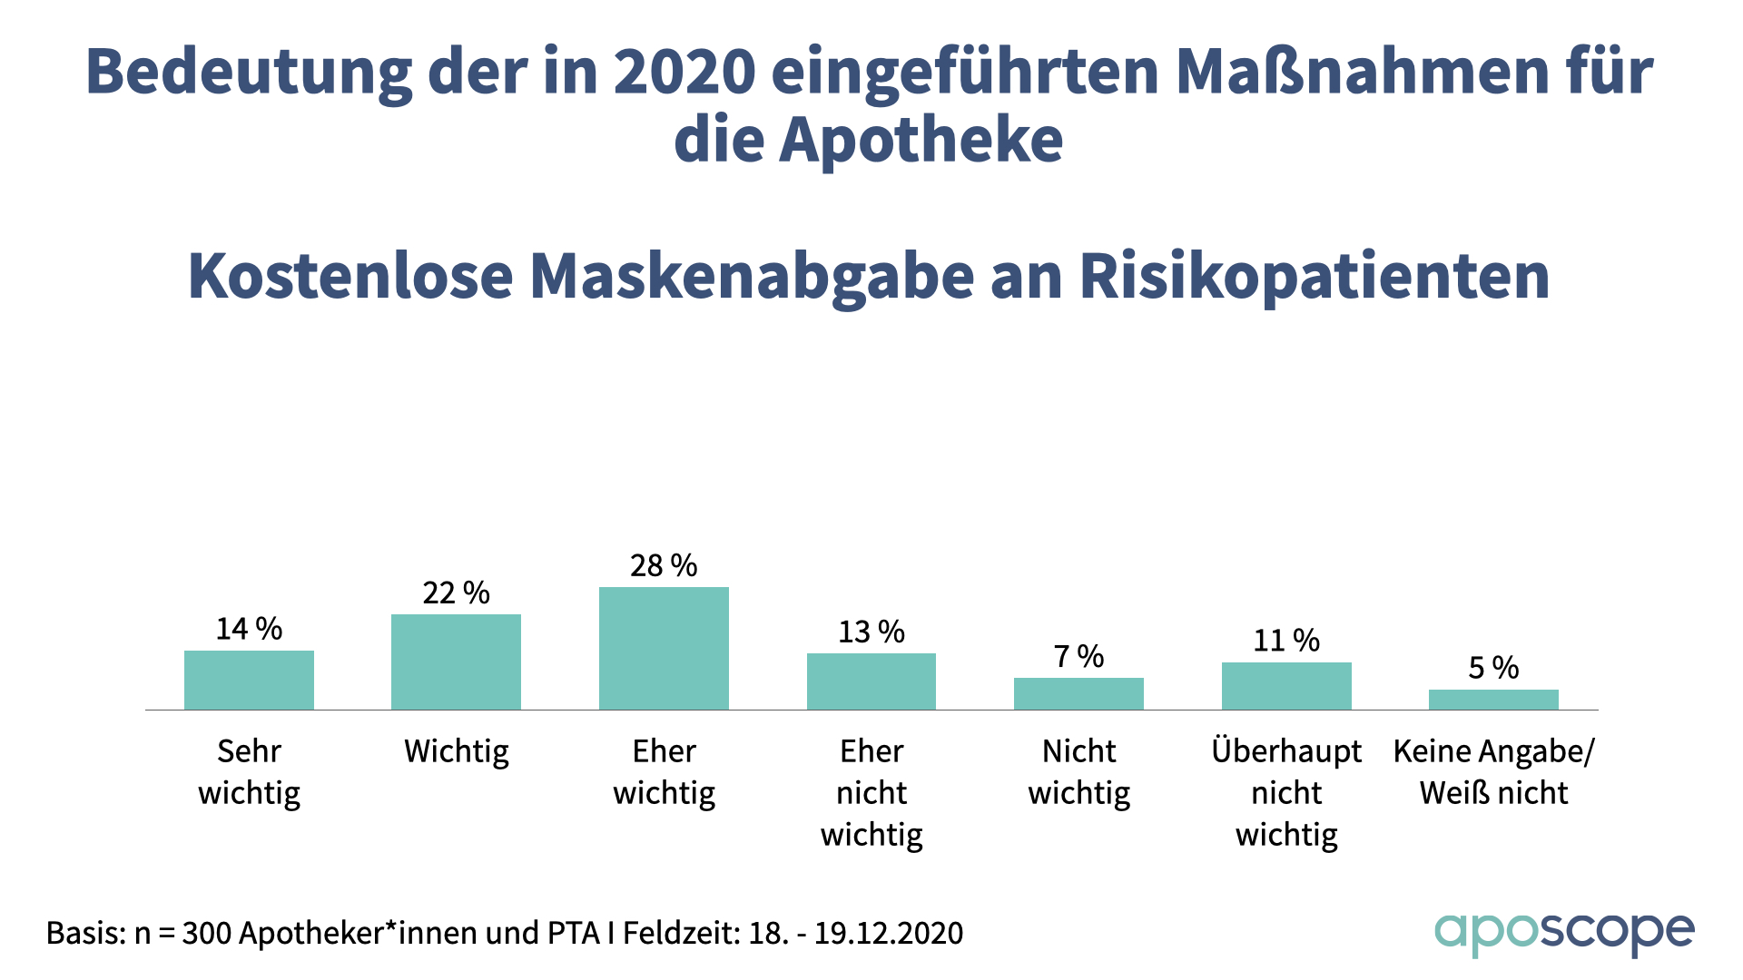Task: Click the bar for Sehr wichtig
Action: tap(249, 680)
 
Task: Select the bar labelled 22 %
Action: tap(456, 661)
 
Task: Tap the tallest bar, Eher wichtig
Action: tap(664, 648)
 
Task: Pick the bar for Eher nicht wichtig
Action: tap(871, 681)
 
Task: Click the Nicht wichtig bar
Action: tap(1078, 693)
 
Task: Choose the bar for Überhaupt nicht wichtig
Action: tap(1286, 686)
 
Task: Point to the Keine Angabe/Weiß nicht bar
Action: tap(1493, 700)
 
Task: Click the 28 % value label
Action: tap(664, 566)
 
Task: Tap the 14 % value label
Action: tap(249, 629)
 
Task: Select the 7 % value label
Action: tap(1078, 656)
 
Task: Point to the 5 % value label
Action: tap(1493, 668)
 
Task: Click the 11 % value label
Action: tap(1286, 641)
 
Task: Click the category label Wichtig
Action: tap(456, 752)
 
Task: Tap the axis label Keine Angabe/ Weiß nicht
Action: tap(1493, 772)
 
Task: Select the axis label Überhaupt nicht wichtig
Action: tap(1286, 793)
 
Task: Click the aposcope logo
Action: tap(1563, 933)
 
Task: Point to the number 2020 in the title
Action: tap(684, 72)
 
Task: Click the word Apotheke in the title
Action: tap(921, 141)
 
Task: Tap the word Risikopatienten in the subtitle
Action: tap(1314, 277)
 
